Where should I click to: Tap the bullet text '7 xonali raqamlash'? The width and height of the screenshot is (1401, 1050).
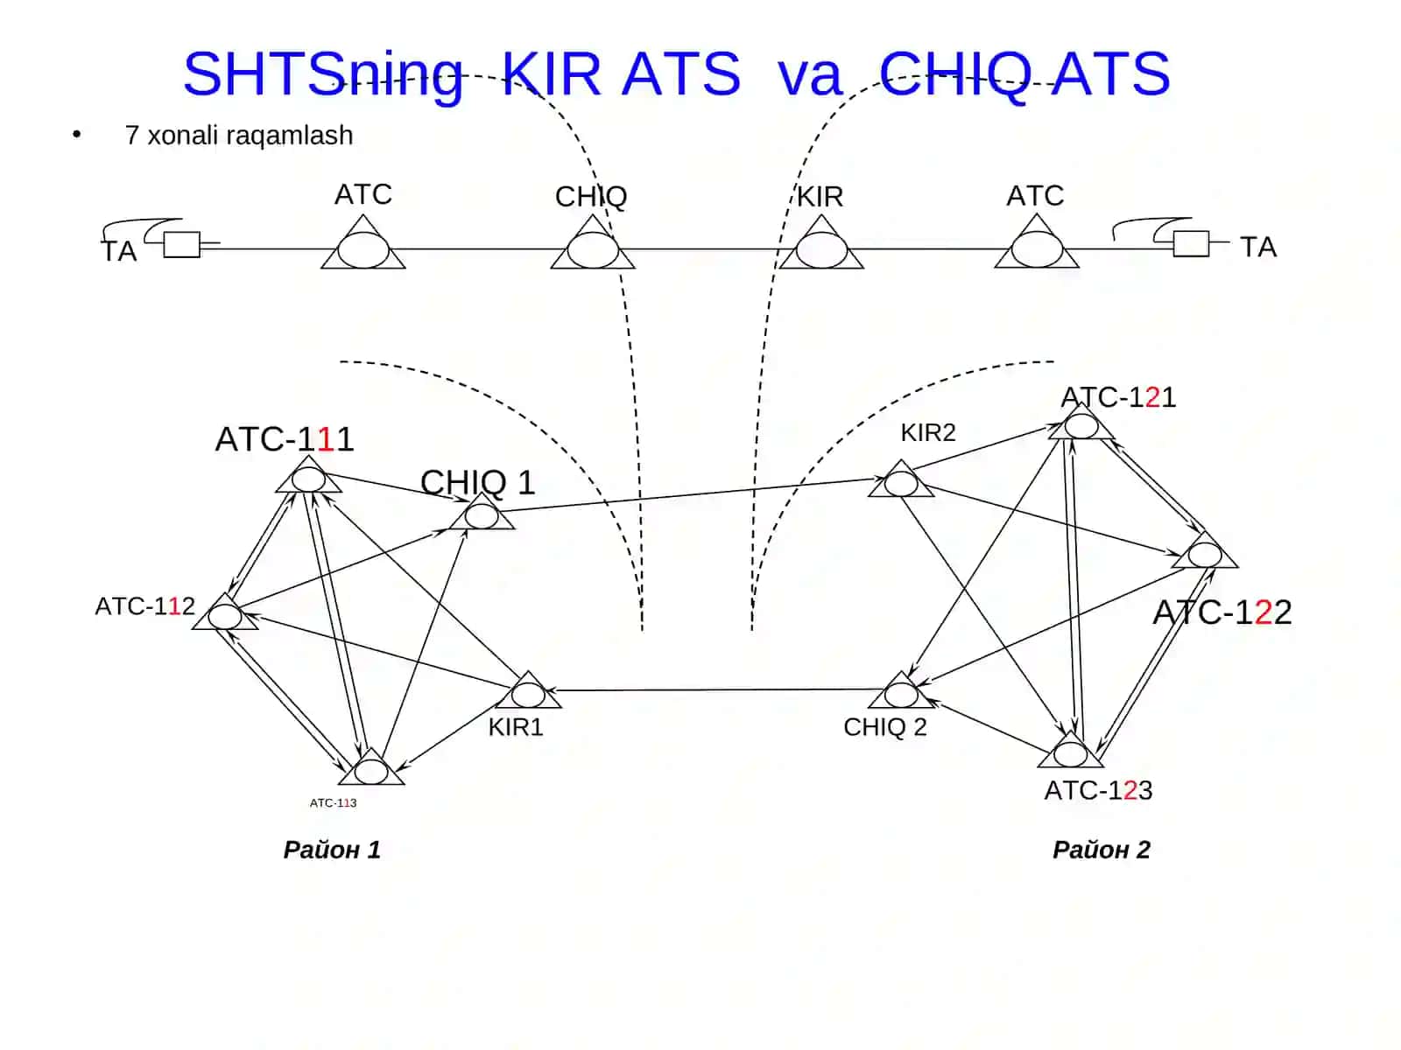tap(239, 135)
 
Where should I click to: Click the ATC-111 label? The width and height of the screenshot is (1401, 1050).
tap(284, 439)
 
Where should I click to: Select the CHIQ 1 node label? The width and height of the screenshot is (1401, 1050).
tap(477, 483)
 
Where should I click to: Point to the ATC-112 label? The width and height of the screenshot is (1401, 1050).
tap(144, 606)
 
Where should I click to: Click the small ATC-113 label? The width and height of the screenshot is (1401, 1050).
tap(334, 802)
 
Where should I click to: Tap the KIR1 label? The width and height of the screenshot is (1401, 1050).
tap(516, 727)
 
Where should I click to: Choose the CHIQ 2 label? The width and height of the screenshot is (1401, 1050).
tap(884, 727)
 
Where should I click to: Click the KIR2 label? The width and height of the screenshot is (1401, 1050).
tap(928, 433)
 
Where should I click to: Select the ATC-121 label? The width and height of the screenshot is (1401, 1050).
tap(1117, 398)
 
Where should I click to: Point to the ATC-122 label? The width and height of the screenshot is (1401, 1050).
tap(1222, 612)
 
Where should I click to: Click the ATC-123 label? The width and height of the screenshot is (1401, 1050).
tap(1098, 790)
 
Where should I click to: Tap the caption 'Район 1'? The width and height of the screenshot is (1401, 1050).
tap(332, 850)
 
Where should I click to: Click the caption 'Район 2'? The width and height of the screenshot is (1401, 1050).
tap(1101, 850)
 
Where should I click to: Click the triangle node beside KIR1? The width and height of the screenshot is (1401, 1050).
tap(529, 691)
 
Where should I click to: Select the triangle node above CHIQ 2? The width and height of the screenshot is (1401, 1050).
tap(901, 691)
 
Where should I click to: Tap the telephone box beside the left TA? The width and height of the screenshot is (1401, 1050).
tap(182, 245)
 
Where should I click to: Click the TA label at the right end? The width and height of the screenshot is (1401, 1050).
tap(1258, 248)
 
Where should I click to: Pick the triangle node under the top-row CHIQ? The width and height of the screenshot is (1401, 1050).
tap(593, 245)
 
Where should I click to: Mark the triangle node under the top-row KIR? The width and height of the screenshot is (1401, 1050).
tap(821, 245)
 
